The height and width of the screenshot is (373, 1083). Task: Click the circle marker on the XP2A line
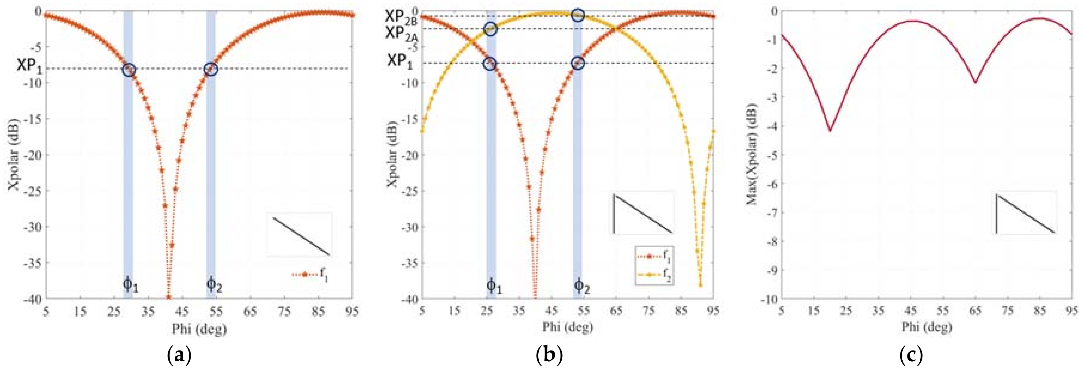tap(491, 29)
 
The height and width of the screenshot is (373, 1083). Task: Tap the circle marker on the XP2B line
tap(578, 16)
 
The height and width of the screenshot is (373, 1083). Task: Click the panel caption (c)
tap(911, 355)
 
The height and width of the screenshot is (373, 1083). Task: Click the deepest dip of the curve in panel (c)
tap(829, 131)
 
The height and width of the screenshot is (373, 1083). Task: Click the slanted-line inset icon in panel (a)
tap(300, 236)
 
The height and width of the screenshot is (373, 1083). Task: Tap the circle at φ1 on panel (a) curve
tap(129, 70)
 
